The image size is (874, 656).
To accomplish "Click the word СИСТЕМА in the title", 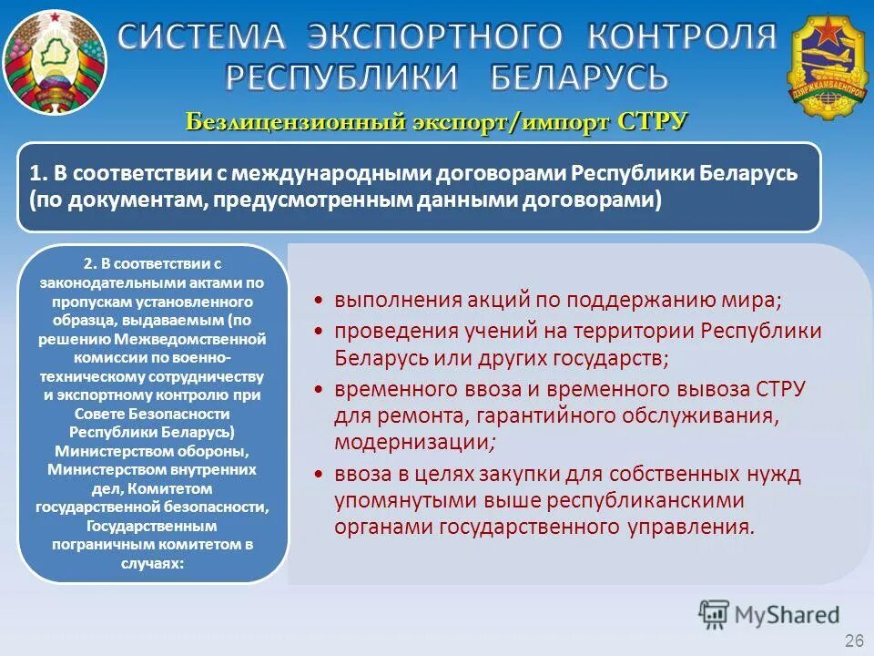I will (202, 36).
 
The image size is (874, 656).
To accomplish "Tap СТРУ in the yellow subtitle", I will (651, 122).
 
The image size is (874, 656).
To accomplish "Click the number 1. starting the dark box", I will (38, 173).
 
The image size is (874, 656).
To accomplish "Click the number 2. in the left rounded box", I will (89, 265).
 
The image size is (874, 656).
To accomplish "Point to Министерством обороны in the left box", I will (152, 450).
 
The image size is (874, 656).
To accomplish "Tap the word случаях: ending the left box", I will (152, 562).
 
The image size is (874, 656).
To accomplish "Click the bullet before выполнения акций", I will (317, 301).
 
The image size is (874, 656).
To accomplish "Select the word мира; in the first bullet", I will (757, 301).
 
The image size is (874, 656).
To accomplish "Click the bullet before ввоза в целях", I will (317, 474).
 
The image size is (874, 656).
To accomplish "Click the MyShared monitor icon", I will (715, 613).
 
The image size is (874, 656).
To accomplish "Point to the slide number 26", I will (854, 641).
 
